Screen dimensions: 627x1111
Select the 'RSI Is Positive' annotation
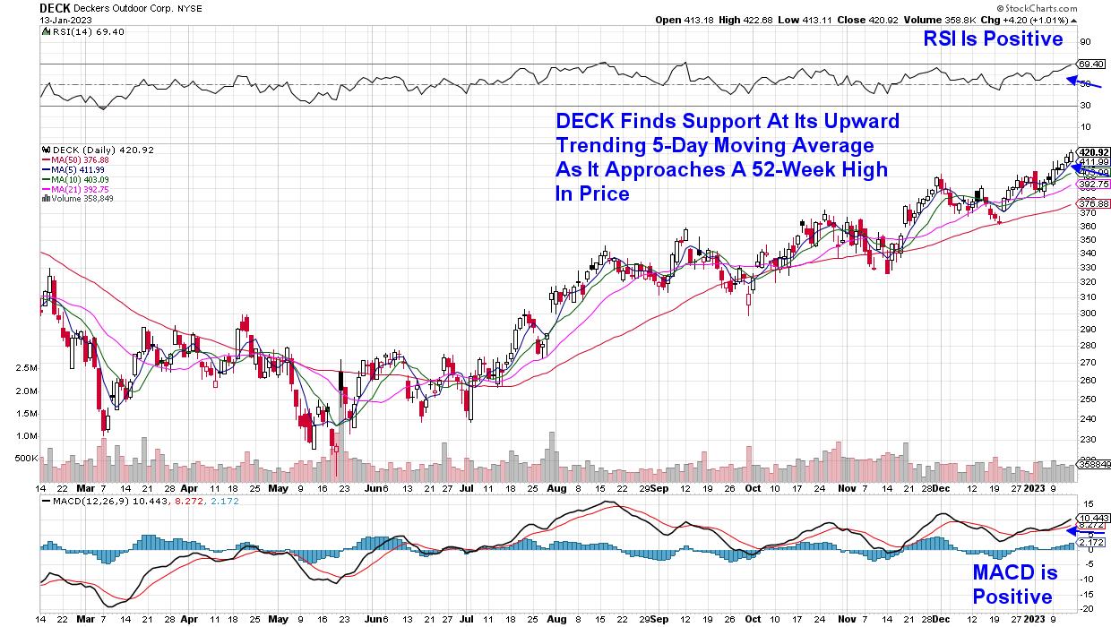pos(995,39)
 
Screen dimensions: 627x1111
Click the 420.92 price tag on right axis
pos(1093,152)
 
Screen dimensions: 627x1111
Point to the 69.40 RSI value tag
pos(1089,64)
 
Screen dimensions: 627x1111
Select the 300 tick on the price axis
pos(1086,313)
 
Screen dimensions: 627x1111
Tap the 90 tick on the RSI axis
pos(1084,42)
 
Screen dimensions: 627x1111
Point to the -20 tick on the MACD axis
pos(1086,607)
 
